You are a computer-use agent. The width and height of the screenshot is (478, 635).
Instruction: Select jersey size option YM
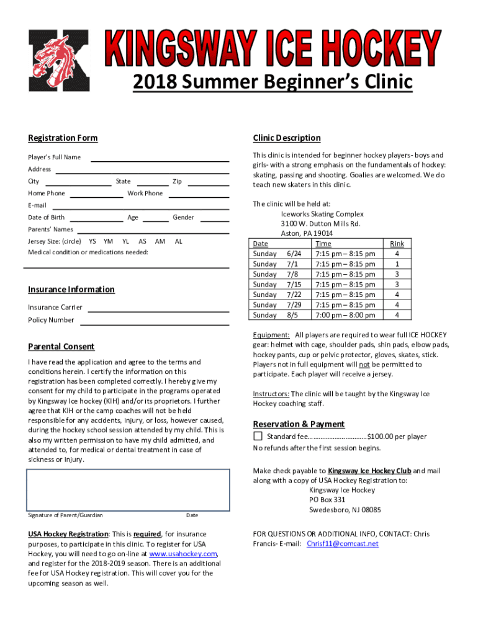coord(109,241)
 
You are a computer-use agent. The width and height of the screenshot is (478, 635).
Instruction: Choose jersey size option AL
coord(179,241)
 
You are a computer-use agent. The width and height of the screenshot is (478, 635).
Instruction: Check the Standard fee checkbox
coord(258,437)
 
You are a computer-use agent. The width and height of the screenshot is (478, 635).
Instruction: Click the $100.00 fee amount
coord(381,437)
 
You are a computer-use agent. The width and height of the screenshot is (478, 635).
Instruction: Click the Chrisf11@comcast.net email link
coord(342,544)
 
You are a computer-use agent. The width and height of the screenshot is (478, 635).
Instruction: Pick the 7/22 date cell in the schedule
coord(294,295)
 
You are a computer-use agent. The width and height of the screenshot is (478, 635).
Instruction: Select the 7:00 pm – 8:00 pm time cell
coord(345,315)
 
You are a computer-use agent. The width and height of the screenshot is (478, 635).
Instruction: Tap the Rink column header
coord(397,244)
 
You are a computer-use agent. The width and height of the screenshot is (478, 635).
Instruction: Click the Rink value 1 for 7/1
coord(397,264)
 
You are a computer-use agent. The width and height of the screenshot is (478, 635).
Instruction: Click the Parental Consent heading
coord(61,347)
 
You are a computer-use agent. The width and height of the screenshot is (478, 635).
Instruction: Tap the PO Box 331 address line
coord(327,500)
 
